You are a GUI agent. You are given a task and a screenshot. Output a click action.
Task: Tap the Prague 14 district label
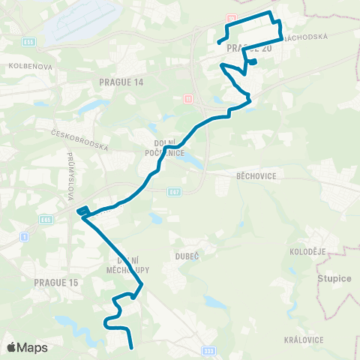[x=121, y=81]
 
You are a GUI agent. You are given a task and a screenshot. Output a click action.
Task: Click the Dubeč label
[x=187, y=256]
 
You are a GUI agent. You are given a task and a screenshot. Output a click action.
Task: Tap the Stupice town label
[x=334, y=278]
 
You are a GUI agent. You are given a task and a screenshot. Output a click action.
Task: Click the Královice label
[x=303, y=339]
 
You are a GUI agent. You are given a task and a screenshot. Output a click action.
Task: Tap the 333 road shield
[x=208, y=349]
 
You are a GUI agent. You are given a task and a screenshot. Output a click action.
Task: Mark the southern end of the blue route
[x=132, y=347]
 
